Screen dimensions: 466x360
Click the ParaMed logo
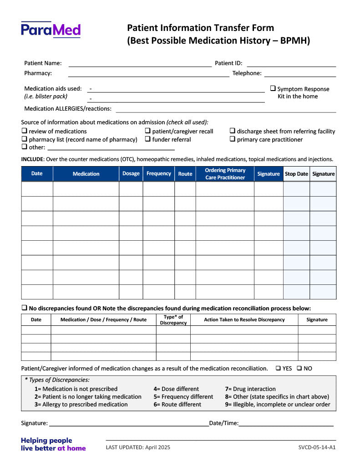51,30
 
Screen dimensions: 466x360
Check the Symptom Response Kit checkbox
273,89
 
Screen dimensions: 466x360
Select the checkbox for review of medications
24,131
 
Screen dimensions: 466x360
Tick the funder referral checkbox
148,139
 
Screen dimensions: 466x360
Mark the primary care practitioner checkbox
233,139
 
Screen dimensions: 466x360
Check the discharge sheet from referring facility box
233,131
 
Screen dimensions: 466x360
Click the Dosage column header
131,174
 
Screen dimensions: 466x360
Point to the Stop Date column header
296,174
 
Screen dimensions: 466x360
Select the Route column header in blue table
185,174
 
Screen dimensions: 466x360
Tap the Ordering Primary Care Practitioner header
225,174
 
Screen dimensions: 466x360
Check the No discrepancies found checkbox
24,308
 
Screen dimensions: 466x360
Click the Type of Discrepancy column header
173,320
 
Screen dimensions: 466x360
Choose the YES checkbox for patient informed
278,368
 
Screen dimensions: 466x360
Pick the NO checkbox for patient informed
299,368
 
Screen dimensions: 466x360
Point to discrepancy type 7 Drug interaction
250,389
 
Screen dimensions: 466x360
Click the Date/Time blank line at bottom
286,424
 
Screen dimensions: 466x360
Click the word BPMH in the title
294,41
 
